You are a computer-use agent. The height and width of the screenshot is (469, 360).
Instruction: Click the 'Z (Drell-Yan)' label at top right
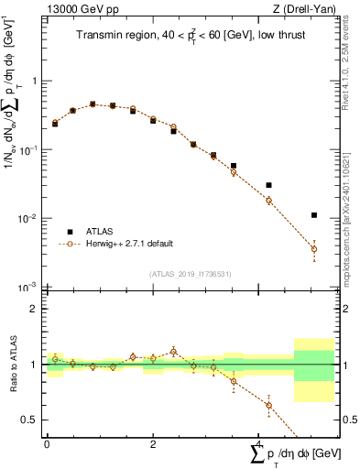[305, 8]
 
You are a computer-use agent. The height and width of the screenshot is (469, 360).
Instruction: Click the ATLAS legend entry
[101, 232]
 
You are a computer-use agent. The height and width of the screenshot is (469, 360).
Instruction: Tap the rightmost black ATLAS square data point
[314, 215]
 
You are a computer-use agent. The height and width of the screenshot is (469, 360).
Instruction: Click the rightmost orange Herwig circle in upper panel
[314, 249]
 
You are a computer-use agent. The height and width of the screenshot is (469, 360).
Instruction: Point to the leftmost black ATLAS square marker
[55, 123]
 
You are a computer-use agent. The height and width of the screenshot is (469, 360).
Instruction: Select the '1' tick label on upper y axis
[33, 82]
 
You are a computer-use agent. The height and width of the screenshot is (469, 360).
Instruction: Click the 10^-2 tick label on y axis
[27, 219]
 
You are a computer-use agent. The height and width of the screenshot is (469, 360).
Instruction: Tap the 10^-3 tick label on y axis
[27, 288]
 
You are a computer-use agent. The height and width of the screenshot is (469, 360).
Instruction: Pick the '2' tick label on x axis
[153, 443]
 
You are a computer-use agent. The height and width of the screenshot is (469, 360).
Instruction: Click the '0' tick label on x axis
[47, 443]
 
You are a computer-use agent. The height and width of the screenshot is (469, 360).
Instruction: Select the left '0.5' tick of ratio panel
[30, 420]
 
